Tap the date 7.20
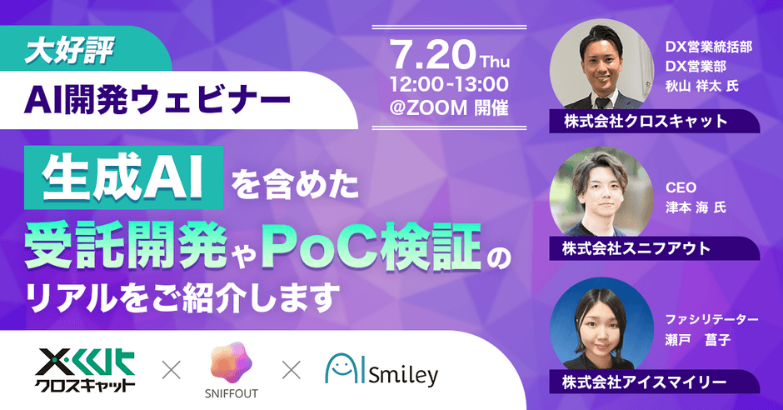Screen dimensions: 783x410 pyautogui.click(x=432, y=54)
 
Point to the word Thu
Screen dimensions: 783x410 pyautogui.click(x=494, y=62)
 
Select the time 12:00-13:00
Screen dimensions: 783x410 pyautogui.click(x=449, y=84)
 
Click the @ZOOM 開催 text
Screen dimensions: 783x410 pyautogui.click(x=449, y=107)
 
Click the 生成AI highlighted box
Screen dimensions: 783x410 pyautogui.click(x=124, y=177)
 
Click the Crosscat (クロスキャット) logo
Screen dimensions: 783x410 pyautogui.click(x=85, y=370)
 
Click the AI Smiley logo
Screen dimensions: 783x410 pyautogui.click(x=382, y=370)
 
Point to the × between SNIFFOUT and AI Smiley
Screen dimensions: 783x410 pyautogui.click(x=292, y=371)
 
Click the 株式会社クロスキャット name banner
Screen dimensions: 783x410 pyautogui.click(x=654, y=121)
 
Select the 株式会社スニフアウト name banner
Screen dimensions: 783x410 pyautogui.click(x=654, y=248)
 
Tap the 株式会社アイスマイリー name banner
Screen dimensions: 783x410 pyautogui.click(x=654, y=382)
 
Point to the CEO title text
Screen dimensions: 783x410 pyautogui.click(x=681, y=187)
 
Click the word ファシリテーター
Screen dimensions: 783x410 pyautogui.click(x=711, y=319)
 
